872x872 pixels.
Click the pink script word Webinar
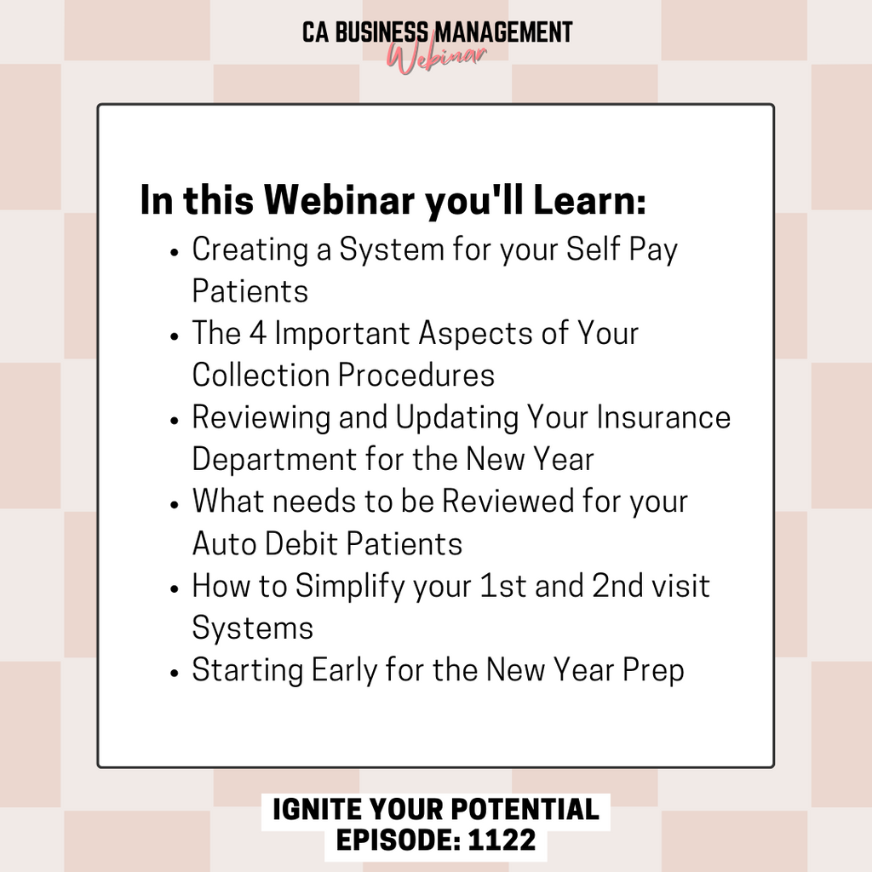pos(437,58)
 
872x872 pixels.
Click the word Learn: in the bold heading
pos(589,199)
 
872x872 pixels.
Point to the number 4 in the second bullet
pos(257,334)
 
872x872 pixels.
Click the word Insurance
pos(663,417)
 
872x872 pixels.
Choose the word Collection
pos(261,375)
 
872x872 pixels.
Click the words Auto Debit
pos(264,543)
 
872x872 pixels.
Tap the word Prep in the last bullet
pos(653,671)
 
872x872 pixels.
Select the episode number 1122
pos(502,840)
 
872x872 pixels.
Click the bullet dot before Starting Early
pos(175,673)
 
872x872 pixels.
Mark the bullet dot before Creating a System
pos(175,252)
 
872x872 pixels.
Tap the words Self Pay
pos(622,250)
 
